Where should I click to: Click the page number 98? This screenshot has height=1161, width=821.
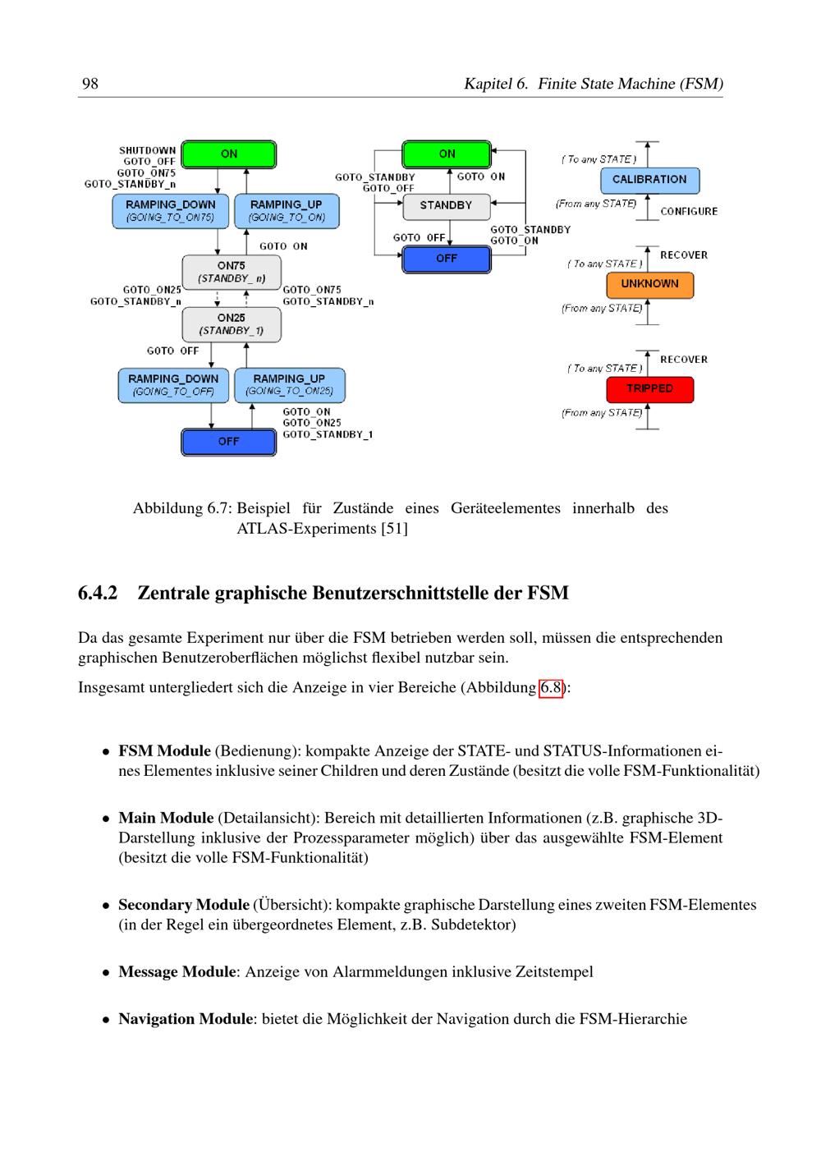(x=90, y=84)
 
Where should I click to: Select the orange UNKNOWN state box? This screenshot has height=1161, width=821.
(x=649, y=284)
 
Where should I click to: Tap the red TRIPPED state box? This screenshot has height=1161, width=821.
(x=649, y=388)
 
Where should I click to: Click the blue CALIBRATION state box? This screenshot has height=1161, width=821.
(x=649, y=180)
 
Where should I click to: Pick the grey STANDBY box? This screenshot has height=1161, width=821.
(x=447, y=206)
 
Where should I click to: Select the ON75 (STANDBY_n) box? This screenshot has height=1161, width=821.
(x=232, y=272)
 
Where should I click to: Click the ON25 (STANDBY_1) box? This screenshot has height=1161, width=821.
(x=232, y=324)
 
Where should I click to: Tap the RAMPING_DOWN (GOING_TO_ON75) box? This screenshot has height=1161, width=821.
(x=171, y=211)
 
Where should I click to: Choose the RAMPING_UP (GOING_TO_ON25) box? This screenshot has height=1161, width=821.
(x=289, y=385)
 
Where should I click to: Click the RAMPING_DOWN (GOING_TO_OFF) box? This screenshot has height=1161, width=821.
(x=173, y=385)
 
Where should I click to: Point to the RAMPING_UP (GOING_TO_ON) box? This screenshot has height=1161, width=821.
(x=287, y=211)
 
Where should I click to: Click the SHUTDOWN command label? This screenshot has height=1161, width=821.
(x=148, y=150)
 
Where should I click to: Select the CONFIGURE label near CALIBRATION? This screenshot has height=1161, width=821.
(x=689, y=212)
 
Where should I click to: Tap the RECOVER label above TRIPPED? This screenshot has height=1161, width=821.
(x=684, y=360)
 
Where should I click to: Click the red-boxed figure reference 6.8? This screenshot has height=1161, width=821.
(x=550, y=688)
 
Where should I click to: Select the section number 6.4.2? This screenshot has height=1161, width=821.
(x=98, y=593)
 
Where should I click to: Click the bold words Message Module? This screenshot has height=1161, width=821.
(x=177, y=971)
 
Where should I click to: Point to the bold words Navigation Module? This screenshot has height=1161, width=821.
(x=186, y=1018)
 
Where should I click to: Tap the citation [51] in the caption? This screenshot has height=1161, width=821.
(x=394, y=529)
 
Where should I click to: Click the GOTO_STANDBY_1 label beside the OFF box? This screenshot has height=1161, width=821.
(x=328, y=434)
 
